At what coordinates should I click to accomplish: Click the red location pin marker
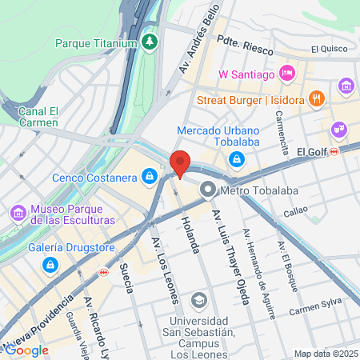point(180,164)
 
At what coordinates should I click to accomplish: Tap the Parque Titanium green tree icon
point(149,40)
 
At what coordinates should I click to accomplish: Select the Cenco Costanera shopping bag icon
point(150,175)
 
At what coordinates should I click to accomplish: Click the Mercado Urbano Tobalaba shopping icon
point(237,159)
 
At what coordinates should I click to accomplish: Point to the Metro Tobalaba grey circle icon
point(208,190)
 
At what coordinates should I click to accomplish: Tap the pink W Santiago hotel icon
point(288,74)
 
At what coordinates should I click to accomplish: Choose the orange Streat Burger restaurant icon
point(318,100)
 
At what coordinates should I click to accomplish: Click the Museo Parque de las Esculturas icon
point(18,214)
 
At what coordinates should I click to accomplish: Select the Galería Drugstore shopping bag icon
point(50,263)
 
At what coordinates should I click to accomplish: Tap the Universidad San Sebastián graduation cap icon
point(198,300)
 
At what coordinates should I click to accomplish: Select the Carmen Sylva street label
point(314,310)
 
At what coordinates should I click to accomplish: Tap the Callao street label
point(295,213)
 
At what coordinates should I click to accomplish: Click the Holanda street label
point(190,234)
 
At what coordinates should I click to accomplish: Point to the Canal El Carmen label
point(38,118)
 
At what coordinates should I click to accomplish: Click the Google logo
point(26,350)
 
